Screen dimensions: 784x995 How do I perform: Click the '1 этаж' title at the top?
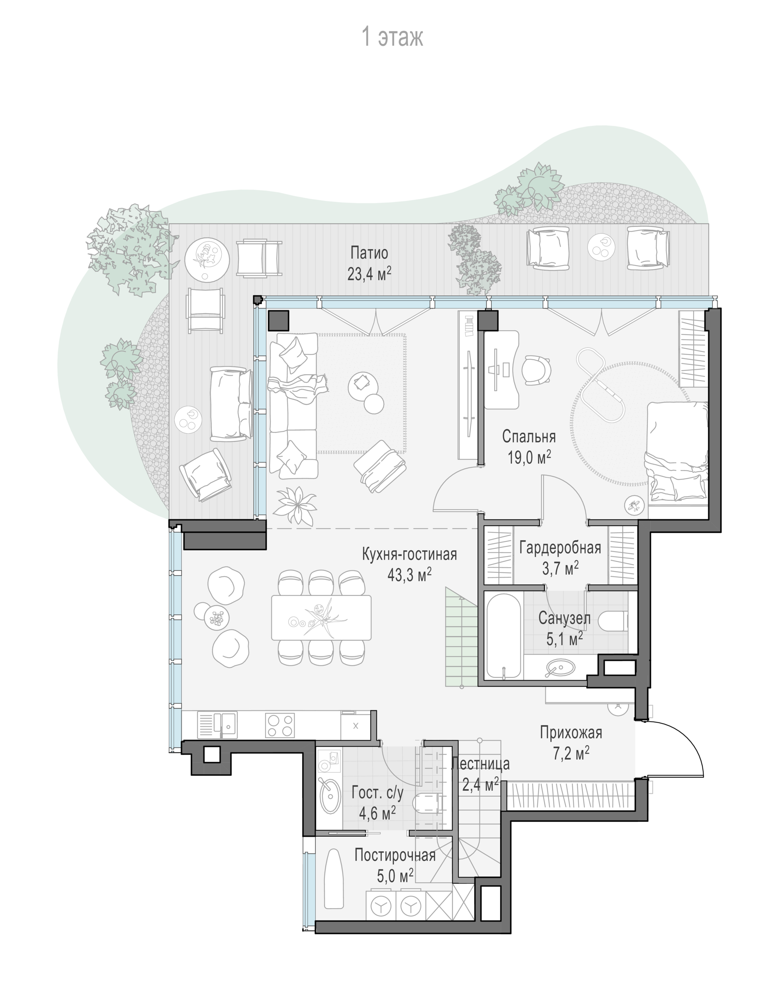pos(393,37)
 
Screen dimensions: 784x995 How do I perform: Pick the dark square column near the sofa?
pos(278,320)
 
